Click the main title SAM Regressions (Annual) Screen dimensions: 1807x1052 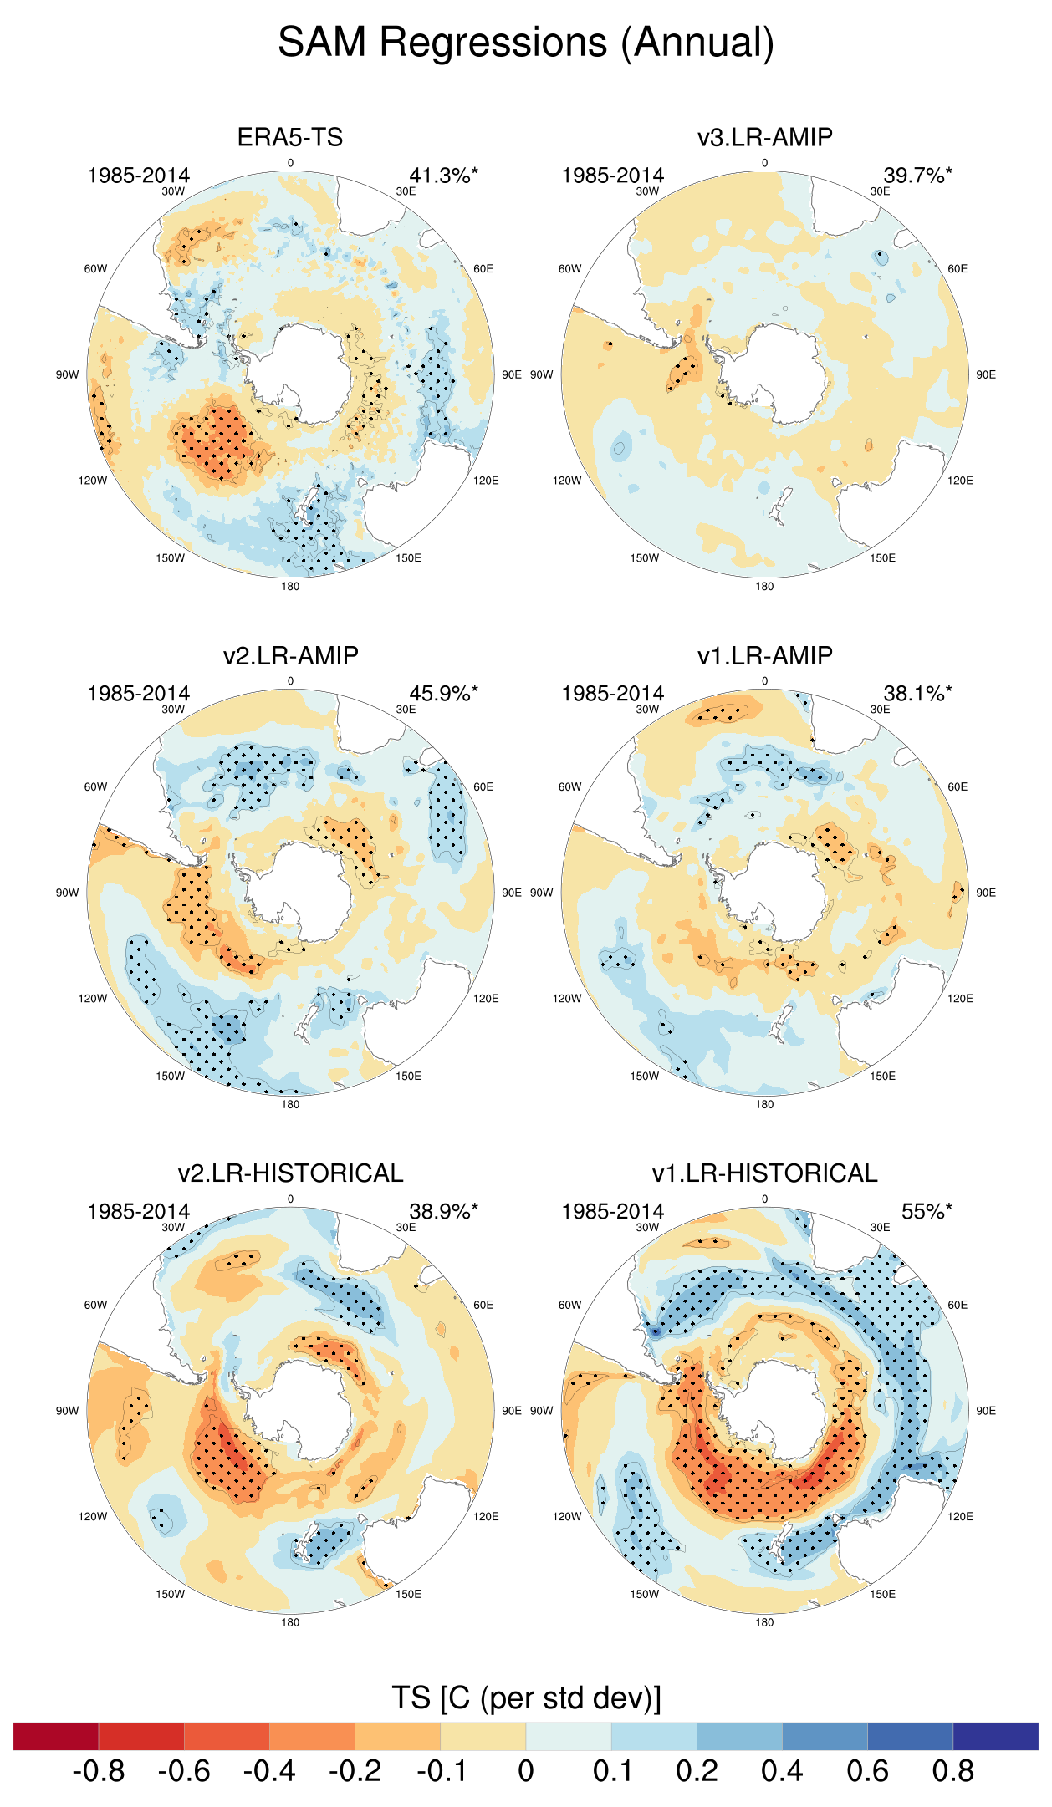point(526,43)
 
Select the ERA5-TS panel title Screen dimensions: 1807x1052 point(290,137)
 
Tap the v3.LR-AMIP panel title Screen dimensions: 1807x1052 point(764,137)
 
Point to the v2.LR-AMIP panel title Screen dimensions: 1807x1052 point(290,655)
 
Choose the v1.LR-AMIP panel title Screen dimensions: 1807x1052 point(764,655)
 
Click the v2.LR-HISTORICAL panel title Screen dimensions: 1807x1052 point(290,1173)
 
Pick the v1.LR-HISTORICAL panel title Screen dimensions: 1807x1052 point(764,1173)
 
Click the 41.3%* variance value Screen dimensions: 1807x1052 point(443,176)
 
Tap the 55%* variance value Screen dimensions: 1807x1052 point(926,1212)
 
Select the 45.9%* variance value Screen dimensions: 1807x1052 point(443,694)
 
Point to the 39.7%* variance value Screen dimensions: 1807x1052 point(917,176)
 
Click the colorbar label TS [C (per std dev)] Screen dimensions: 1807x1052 point(526,1698)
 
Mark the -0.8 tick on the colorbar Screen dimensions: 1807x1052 point(99,1771)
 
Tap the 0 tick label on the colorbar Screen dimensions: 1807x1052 point(526,1771)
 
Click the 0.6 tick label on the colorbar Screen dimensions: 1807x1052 point(867,1771)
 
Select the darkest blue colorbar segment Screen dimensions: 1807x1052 point(995,1736)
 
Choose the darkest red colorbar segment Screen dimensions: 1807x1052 point(56,1736)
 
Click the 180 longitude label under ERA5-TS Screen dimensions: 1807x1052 point(290,587)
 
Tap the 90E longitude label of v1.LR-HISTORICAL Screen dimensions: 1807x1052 point(986,1411)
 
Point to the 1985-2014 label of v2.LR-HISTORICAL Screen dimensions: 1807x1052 point(138,1212)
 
